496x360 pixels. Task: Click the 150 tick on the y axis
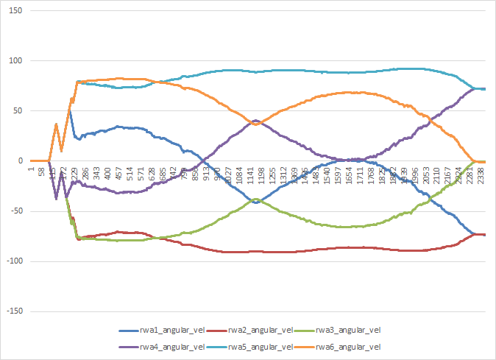pos(16,11)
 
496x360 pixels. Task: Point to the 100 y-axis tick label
pos(16,61)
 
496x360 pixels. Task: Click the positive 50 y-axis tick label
pos(18,111)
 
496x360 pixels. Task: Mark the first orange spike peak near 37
pos(56,124)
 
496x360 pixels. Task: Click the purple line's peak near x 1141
pos(255,120)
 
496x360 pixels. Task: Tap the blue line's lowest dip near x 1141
pos(255,202)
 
